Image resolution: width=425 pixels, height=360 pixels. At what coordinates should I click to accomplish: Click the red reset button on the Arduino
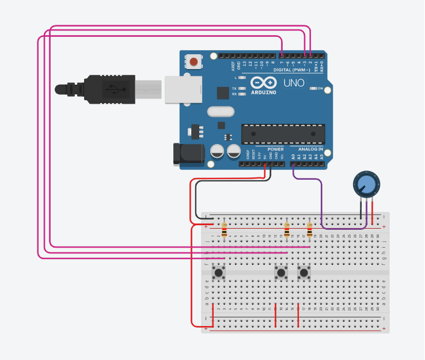click(x=194, y=61)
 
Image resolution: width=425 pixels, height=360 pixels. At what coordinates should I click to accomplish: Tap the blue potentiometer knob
click(x=366, y=184)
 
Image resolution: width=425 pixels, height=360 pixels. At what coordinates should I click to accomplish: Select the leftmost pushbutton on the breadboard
click(x=218, y=272)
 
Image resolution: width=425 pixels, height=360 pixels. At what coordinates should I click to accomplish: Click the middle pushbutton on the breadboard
click(x=281, y=272)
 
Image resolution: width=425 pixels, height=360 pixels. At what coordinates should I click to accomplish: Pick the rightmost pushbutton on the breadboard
click(x=303, y=272)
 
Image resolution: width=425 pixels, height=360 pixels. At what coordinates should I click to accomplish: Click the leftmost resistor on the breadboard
click(x=224, y=230)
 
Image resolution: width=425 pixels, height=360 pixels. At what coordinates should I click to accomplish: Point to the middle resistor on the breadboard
click(x=287, y=230)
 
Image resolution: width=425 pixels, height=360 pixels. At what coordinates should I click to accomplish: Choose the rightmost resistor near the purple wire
click(x=309, y=230)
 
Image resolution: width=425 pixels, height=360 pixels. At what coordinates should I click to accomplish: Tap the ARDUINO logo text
click(x=264, y=92)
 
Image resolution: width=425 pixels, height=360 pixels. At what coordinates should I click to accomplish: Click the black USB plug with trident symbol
click(x=110, y=89)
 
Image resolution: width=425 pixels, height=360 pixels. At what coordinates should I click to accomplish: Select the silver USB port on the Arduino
click(x=183, y=89)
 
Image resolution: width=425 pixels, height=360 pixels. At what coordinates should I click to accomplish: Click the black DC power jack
click(x=189, y=153)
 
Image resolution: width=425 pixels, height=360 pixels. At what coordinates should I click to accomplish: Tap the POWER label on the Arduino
click(x=275, y=149)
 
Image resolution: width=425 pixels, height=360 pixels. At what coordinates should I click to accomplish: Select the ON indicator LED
click(x=314, y=89)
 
